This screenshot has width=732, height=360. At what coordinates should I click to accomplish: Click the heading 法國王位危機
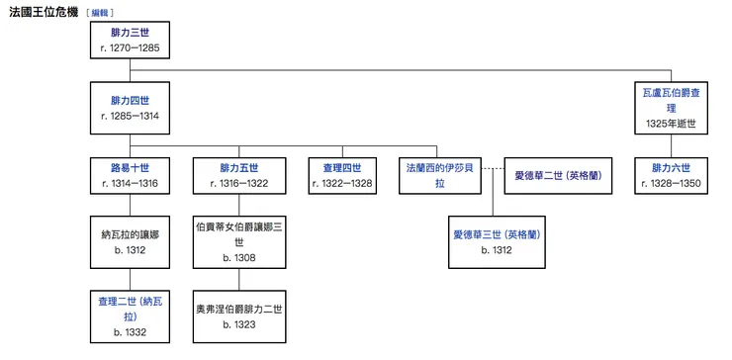pos(45,13)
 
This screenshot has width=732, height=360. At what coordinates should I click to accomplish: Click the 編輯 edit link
pos(100,14)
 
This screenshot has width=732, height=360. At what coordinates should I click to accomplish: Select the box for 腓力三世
pos(130,41)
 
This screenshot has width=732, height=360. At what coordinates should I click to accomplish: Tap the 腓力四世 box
pos(130,108)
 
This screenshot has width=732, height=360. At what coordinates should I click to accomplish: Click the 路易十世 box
pos(130,175)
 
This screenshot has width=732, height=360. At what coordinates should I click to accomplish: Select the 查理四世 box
pos(342,175)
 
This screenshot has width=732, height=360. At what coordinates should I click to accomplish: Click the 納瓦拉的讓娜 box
pos(130,242)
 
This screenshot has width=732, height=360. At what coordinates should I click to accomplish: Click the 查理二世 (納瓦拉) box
pos(130,314)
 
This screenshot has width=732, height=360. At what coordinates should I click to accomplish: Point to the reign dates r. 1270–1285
pos(130,47)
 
